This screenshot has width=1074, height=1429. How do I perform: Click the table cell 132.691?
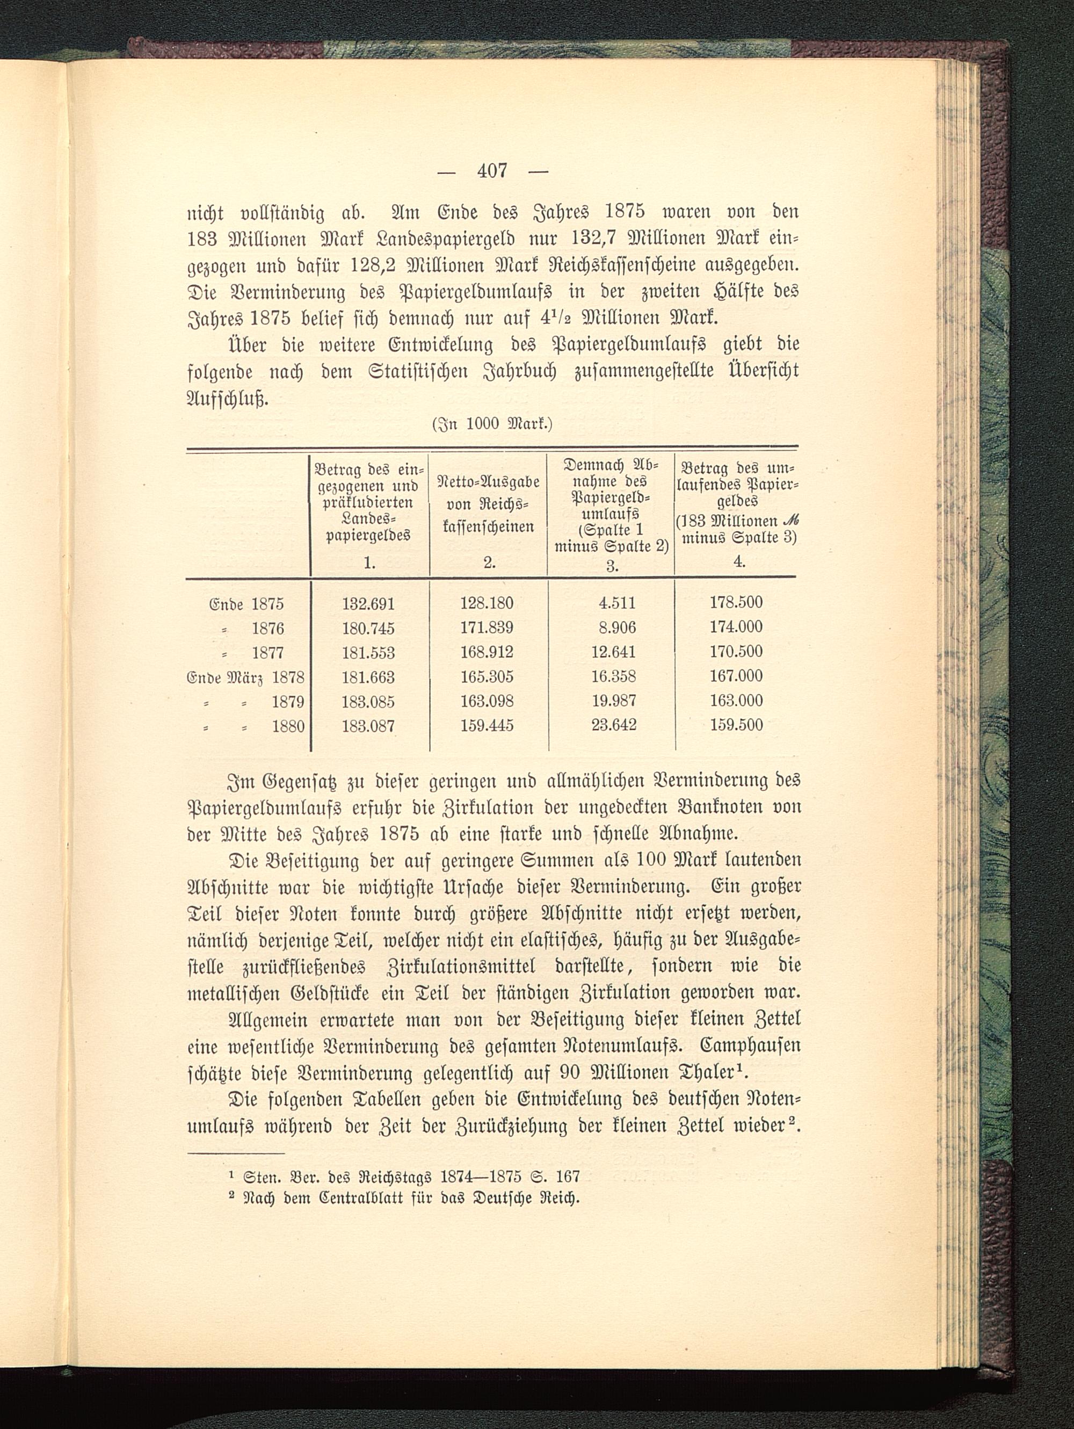368,603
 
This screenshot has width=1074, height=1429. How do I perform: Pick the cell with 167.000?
736,676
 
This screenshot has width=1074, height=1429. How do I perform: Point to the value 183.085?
368,702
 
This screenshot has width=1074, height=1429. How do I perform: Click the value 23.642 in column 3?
614,725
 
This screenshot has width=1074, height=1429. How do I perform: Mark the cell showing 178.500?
736,603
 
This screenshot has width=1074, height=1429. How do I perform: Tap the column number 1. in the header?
369,562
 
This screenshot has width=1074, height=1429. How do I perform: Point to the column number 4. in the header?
739,561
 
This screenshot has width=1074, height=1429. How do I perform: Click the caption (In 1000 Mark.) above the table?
491,424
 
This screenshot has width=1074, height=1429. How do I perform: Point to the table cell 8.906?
614,628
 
